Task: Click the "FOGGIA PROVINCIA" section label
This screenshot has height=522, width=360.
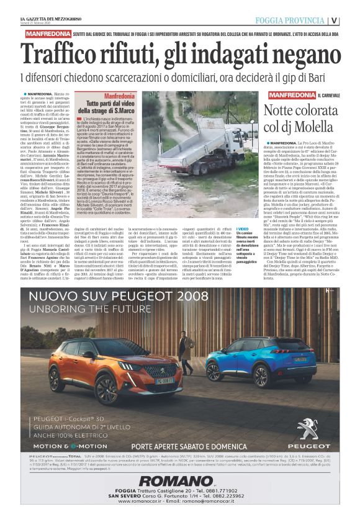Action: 290,20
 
